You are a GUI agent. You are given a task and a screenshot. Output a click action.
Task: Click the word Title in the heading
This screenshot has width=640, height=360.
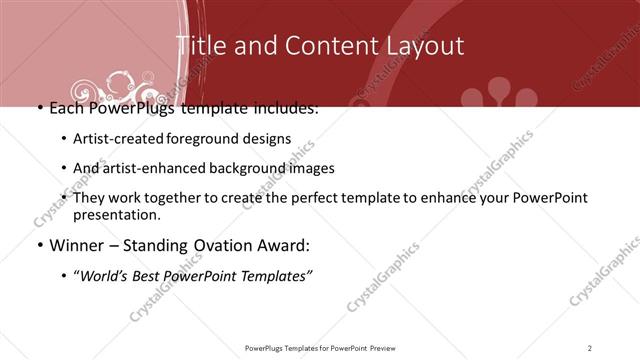point(200,46)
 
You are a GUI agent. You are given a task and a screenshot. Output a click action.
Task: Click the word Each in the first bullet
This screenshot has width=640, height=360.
point(66,107)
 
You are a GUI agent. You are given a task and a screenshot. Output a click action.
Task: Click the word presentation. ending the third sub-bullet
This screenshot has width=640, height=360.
point(117,215)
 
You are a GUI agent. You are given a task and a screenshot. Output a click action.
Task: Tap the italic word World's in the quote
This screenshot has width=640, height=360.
point(105,277)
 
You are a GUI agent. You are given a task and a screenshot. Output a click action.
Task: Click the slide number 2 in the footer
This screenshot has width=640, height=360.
point(590,347)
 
